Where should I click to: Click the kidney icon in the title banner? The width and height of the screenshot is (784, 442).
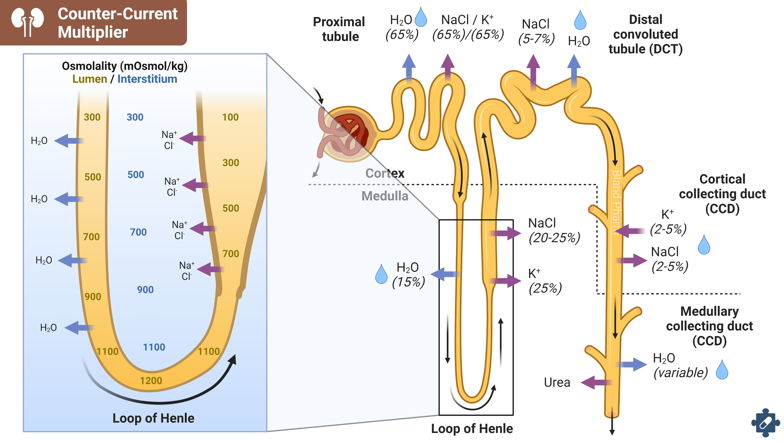(27, 22)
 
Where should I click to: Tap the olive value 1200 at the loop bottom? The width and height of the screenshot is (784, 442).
(151, 381)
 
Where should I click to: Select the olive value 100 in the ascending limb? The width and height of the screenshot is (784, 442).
(230, 117)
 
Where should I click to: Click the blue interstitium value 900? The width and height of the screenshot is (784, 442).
(145, 289)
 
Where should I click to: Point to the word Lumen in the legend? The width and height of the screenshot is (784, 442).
(89, 79)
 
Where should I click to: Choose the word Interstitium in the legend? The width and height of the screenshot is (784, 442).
(147, 79)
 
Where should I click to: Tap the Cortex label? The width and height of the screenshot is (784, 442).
(385, 173)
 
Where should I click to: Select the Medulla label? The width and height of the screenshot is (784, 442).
(385, 196)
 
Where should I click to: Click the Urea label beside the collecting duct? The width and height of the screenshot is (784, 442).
(557, 382)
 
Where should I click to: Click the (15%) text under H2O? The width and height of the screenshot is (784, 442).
(408, 282)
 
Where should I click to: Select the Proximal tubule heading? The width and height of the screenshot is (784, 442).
(339, 29)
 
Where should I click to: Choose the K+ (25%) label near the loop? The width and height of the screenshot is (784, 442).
(545, 281)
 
